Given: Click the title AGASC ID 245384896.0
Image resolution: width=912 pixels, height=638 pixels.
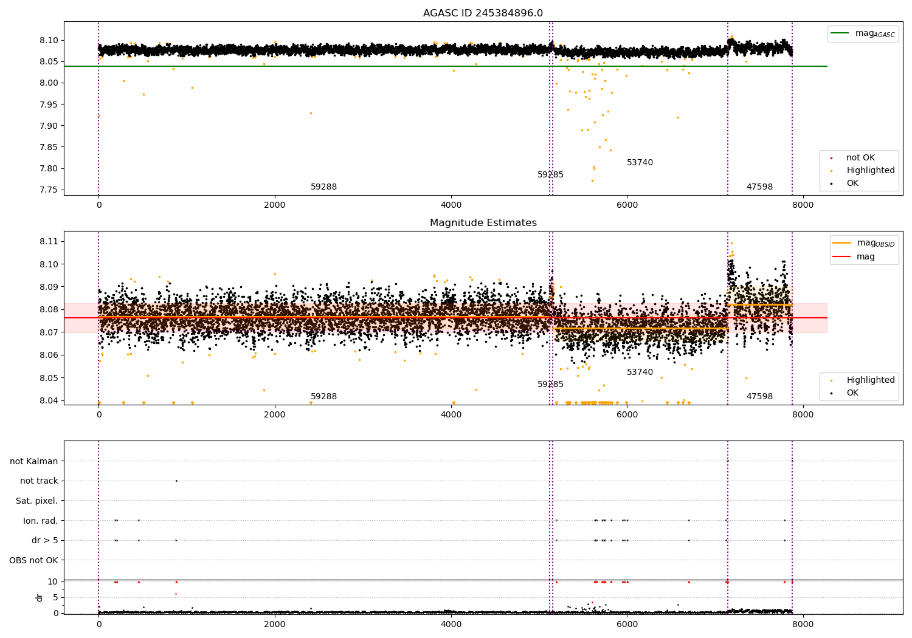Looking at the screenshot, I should (x=483, y=13).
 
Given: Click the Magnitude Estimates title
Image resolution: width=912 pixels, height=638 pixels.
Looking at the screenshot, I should (x=483, y=223).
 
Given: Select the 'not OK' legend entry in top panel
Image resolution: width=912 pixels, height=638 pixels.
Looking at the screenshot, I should (x=860, y=158).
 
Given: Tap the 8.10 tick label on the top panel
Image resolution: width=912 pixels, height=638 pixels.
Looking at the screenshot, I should (x=49, y=40).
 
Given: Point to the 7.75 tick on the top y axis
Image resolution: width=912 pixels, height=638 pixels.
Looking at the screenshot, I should (x=49, y=190).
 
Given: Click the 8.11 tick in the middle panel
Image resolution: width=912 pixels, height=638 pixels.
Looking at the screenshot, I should (x=49, y=241).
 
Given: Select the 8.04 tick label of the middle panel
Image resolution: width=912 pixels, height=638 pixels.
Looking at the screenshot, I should (x=49, y=400).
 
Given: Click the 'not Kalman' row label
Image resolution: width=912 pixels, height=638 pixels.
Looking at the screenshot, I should (x=34, y=461).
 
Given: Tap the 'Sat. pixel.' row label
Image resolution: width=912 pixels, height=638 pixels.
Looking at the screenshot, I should (x=37, y=501).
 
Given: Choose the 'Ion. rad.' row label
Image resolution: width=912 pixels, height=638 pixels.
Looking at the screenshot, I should (x=41, y=521).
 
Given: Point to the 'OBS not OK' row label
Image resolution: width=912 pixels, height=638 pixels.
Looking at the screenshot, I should (x=34, y=560).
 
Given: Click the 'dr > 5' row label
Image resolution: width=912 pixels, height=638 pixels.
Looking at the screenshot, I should (x=45, y=540).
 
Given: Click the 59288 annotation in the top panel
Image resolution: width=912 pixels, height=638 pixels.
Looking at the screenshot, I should (x=323, y=187).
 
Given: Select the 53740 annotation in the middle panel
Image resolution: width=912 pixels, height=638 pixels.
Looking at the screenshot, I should (x=640, y=372).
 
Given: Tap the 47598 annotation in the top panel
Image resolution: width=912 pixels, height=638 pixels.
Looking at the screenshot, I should (x=759, y=187).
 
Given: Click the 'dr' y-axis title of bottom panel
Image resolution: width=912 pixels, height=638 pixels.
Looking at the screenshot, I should (x=40, y=597).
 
